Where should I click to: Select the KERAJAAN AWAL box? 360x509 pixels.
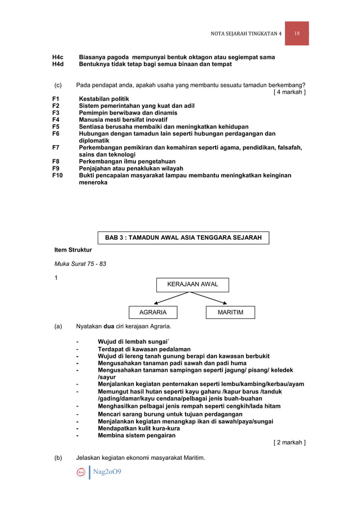192,284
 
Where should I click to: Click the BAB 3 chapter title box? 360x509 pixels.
183,238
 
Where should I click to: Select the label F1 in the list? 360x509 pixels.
56,99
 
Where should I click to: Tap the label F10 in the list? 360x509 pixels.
58,175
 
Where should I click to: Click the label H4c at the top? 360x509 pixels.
58,58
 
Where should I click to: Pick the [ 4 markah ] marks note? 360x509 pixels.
289,92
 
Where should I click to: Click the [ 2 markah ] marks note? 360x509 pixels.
289,442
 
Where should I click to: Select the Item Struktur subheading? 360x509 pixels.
73,249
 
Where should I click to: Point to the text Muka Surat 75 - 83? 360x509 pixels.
80,264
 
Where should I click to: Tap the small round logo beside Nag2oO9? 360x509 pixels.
81,472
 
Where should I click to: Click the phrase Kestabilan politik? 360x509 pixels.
104,99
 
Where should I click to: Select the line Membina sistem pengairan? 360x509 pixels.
136,435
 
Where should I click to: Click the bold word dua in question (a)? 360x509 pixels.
111,326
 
